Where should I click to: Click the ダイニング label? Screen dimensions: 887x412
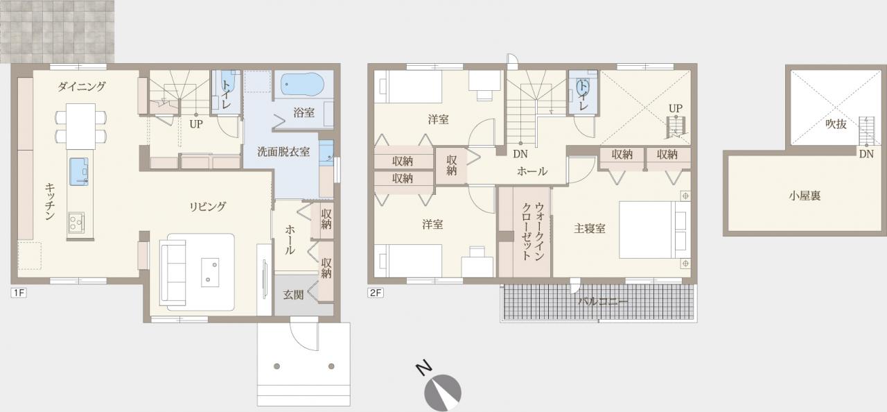[x=82, y=86]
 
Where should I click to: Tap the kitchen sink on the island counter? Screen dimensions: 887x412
[x=79, y=171]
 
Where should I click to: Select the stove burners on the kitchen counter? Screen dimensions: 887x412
[x=76, y=222]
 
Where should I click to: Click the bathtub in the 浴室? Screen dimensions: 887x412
[x=302, y=84]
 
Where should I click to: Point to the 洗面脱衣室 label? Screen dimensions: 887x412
[x=283, y=151]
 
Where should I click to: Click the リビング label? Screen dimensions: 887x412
[x=207, y=206]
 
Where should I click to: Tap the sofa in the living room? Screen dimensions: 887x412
[x=173, y=273]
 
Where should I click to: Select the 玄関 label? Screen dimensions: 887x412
[x=293, y=295]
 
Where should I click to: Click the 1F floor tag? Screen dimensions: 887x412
[x=19, y=293]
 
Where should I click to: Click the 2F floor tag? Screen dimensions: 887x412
[x=376, y=293]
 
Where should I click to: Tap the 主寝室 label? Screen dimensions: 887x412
[x=590, y=228]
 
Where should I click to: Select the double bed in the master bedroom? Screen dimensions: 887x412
[x=655, y=230]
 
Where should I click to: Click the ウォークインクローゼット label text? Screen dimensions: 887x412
[x=532, y=232]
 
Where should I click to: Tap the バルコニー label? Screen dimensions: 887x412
[x=603, y=302]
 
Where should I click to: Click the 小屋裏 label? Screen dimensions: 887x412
[x=805, y=196]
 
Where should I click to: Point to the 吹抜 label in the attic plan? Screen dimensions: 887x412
[x=836, y=124]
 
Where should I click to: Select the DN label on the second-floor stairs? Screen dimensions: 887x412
[x=520, y=154]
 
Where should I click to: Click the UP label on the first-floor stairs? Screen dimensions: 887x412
[x=195, y=124]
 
